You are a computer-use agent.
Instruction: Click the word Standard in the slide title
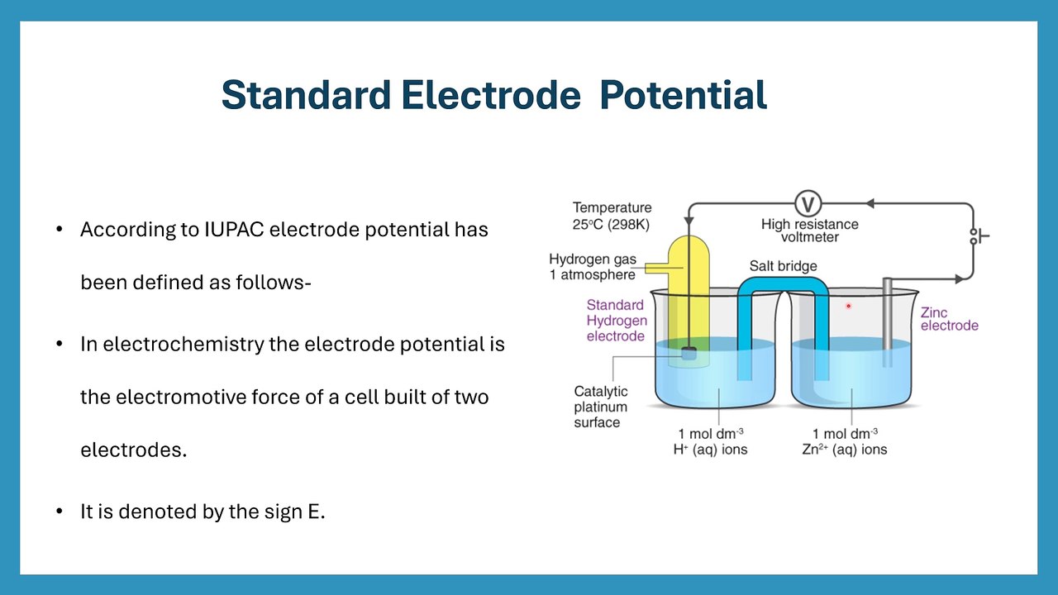306,96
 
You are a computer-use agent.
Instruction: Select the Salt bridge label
783,266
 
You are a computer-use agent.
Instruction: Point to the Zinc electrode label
949,319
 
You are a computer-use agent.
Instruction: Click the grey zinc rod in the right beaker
887,322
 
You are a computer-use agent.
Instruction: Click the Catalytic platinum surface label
601,407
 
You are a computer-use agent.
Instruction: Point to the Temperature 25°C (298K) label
612,216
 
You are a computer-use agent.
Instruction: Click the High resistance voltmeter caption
809,231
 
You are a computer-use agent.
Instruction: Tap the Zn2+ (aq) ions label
850,450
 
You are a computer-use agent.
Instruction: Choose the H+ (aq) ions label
712,450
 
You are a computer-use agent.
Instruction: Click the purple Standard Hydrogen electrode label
616,321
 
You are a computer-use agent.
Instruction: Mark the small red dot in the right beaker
848,307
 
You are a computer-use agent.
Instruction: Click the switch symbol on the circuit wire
979,236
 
